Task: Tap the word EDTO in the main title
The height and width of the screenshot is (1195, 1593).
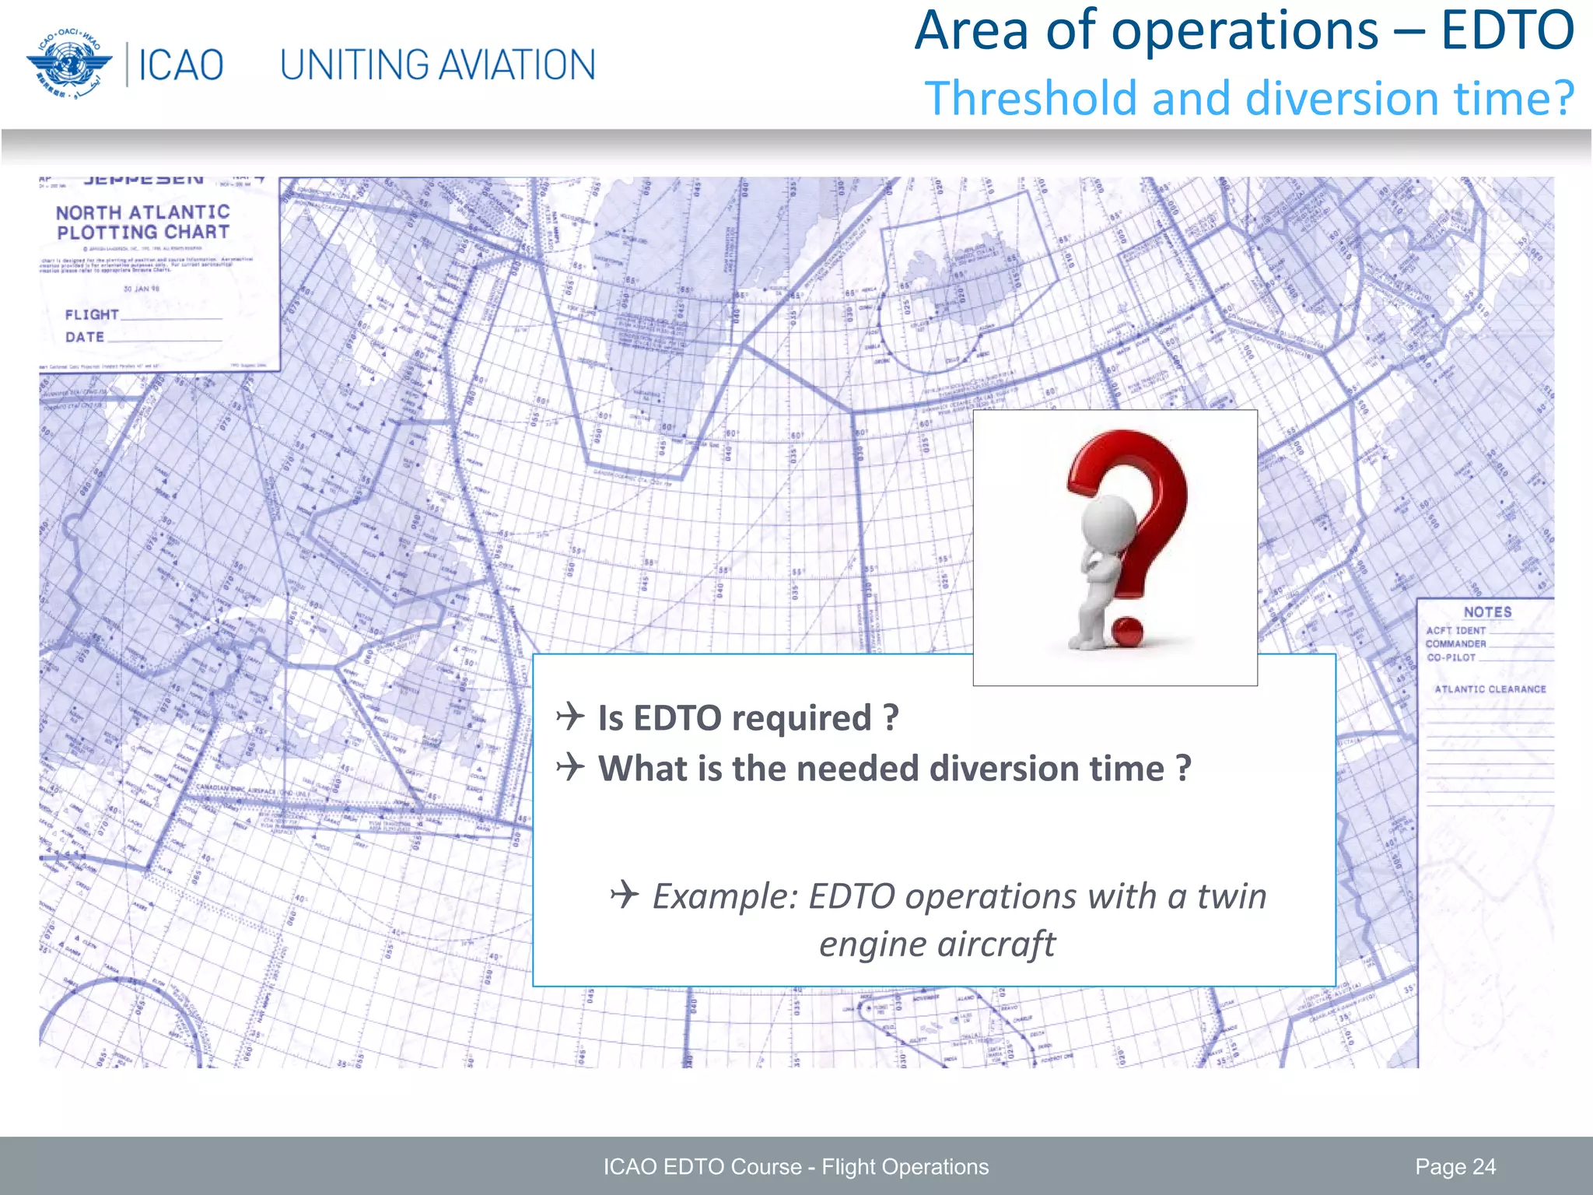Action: point(1507,31)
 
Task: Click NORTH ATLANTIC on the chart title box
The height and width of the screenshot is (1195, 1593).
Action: point(143,212)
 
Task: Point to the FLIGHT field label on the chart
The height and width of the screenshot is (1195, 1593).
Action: point(92,315)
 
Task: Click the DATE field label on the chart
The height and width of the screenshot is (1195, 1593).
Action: point(85,338)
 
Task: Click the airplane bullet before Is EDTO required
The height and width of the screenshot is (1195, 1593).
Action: point(571,716)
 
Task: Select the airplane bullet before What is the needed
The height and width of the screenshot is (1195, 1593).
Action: point(571,767)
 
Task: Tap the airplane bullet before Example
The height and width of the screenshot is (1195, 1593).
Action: point(625,895)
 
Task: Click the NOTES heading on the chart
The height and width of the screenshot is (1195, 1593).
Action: point(1487,612)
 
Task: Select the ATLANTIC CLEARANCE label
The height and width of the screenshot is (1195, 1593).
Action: point(1490,689)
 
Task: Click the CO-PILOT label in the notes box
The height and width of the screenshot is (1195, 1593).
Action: point(1451,657)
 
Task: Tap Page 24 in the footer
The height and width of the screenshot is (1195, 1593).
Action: point(1455,1167)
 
